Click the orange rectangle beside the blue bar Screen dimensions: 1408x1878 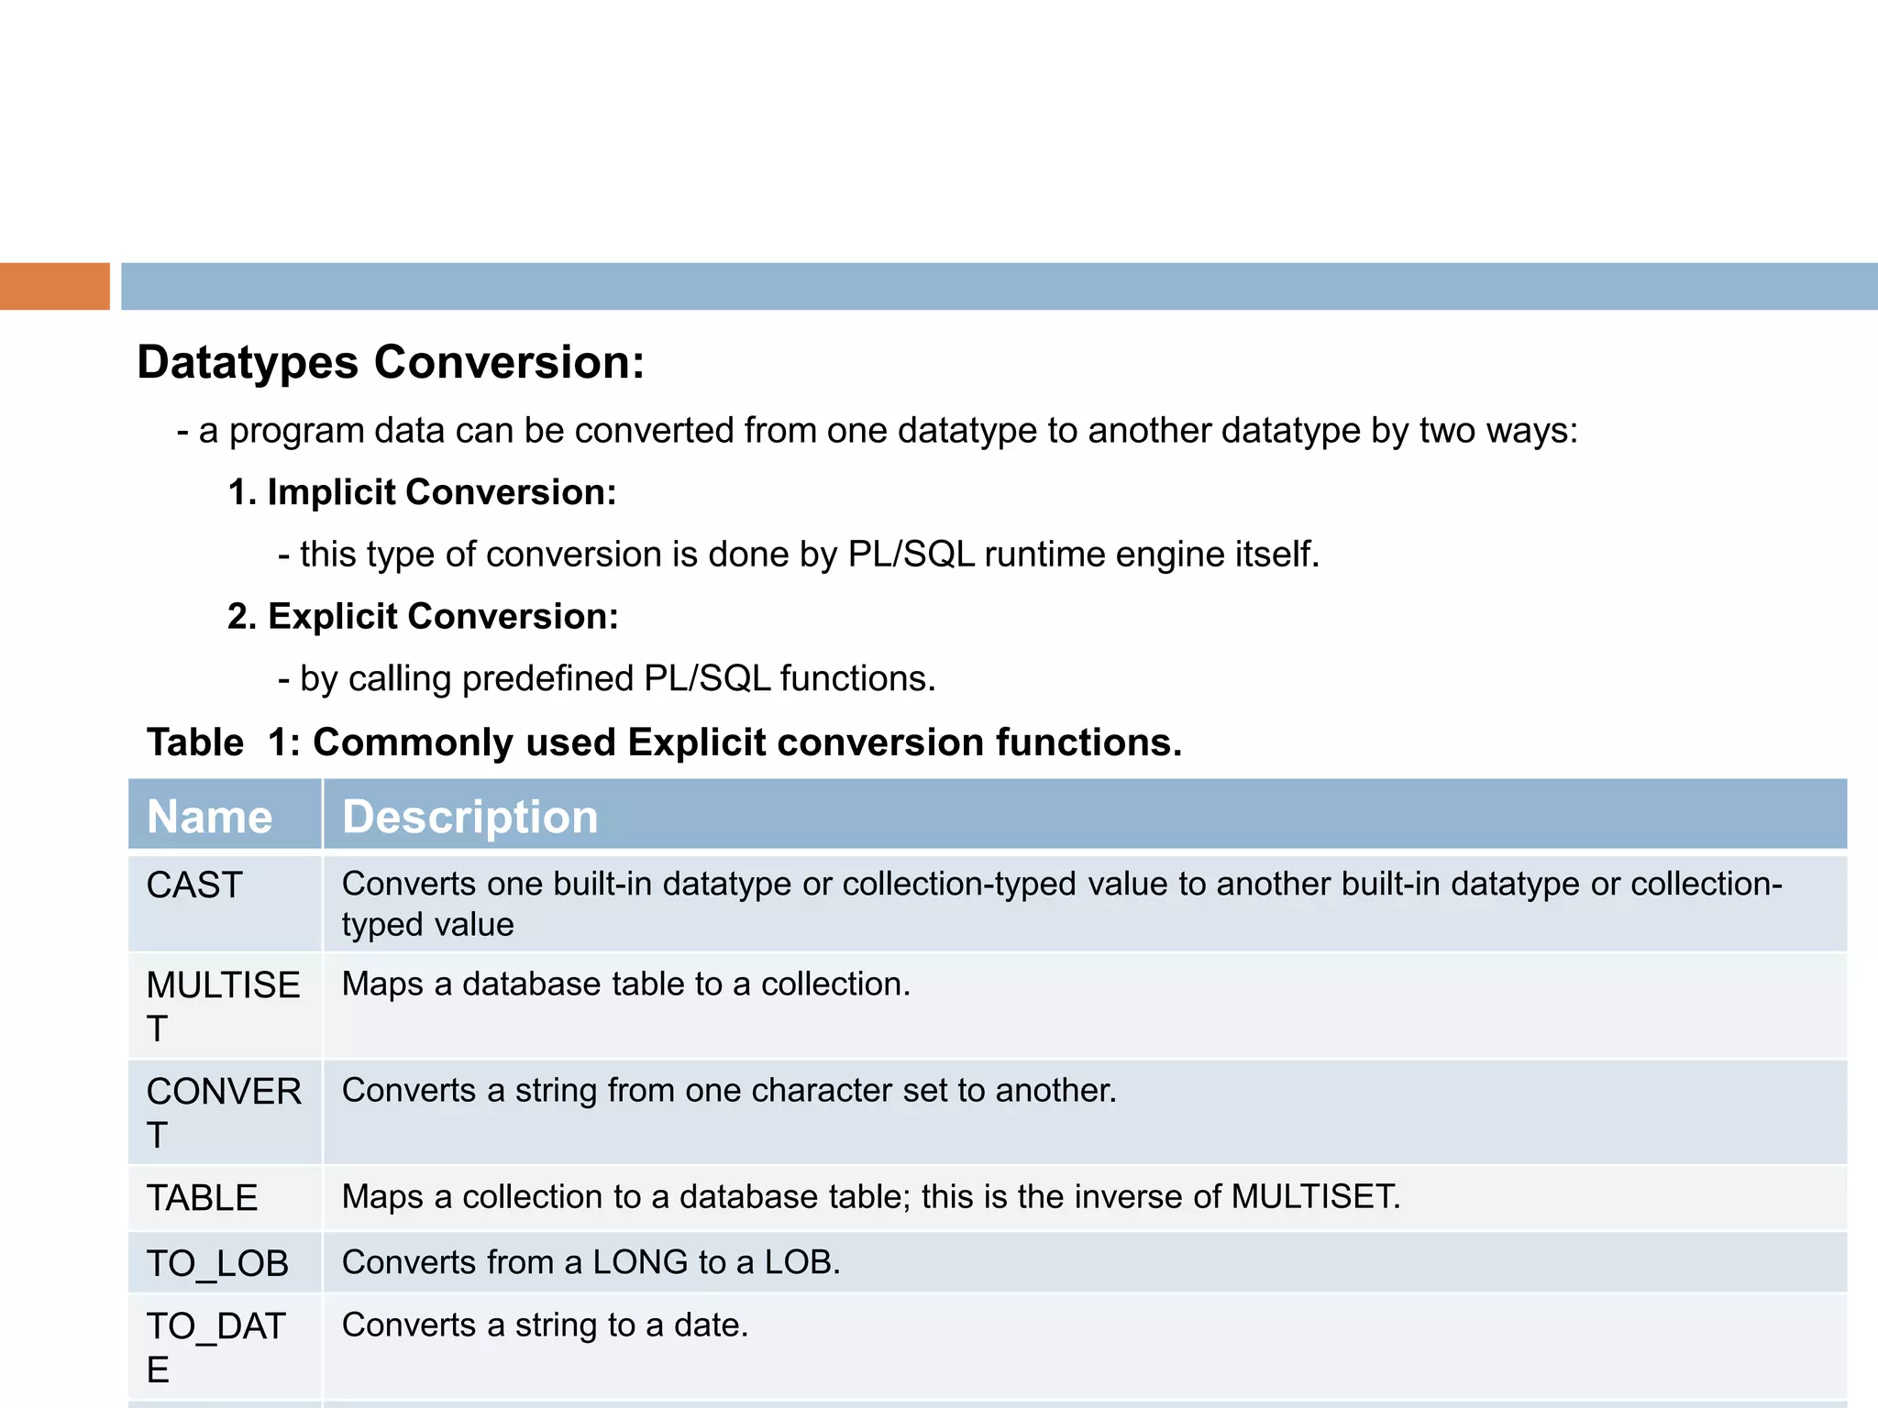(54, 286)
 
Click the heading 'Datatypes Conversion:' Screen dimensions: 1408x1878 (391, 362)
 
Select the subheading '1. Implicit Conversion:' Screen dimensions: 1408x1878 (422, 492)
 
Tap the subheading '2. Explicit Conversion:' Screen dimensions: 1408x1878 (423, 616)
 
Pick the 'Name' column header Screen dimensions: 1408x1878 (210, 816)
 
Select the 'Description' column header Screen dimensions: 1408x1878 (469, 816)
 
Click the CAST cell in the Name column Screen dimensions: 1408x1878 (194, 885)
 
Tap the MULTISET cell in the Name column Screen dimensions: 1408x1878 (223, 1006)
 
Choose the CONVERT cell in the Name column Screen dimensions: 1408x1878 (223, 1112)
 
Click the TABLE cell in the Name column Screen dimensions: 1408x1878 (202, 1198)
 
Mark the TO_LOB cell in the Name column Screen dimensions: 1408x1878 (217, 1263)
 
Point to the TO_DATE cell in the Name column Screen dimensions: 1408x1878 (215, 1347)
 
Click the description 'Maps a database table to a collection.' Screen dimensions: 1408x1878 (626, 984)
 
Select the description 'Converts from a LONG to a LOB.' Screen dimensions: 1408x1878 (591, 1262)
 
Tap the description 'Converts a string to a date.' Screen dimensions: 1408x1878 (545, 1325)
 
